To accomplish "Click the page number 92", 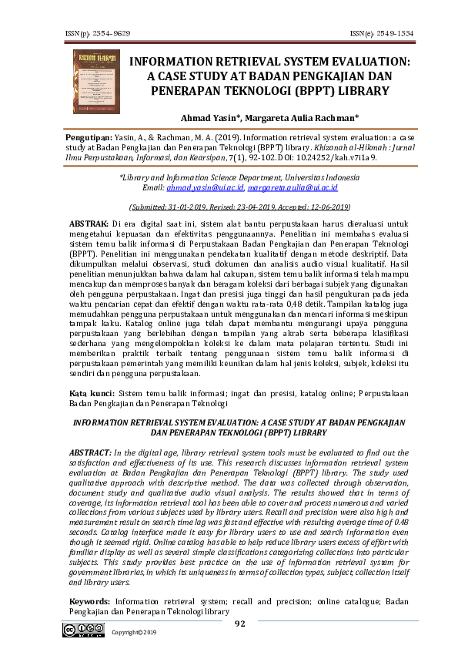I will pyautogui.click(x=239, y=624).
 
